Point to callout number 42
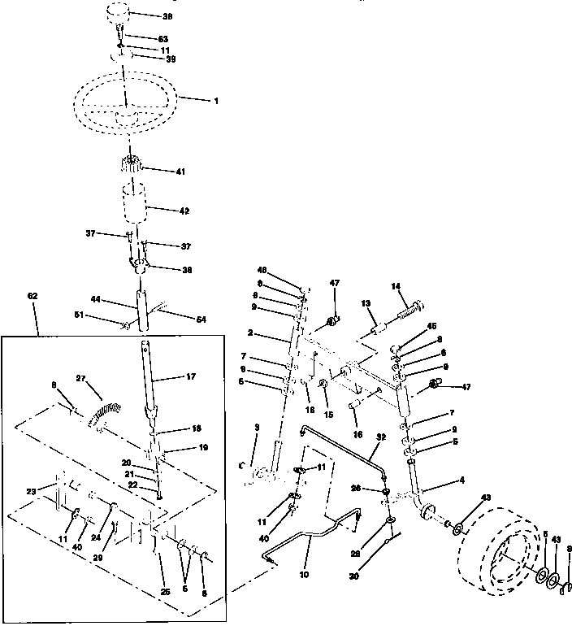click(x=184, y=211)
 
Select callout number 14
click(x=396, y=286)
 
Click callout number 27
click(x=80, y=378)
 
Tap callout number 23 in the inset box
click(x=31, y=491)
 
